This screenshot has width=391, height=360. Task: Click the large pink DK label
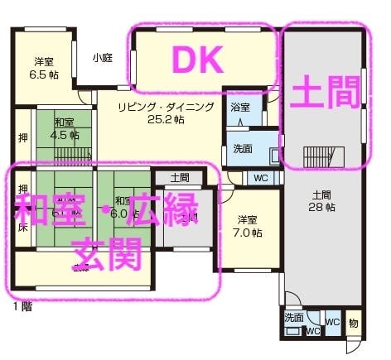click(x=197, y=60)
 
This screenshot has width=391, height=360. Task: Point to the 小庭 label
click(x=102, y=58)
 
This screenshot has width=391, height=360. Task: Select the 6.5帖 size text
click(x=44, y=74)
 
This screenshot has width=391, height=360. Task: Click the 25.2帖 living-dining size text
click(x=166, y=120)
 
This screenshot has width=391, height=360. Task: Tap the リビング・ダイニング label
click(x=166, y=107)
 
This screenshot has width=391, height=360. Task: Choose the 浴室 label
click(x=240, y=108)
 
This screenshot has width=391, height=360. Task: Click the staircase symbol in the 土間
click(x=321, y=155)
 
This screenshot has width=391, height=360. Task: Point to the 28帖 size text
click(x=321, y=207)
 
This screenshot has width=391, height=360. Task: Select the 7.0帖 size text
click(x=249, y=233)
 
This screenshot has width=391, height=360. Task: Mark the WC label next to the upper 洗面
click(x=259, y=178)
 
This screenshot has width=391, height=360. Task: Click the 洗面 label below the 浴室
click(x=243, y=150)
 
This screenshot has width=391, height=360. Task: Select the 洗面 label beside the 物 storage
click(x=294, y=318)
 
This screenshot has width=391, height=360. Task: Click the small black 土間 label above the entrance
click(x=180, y=177)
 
